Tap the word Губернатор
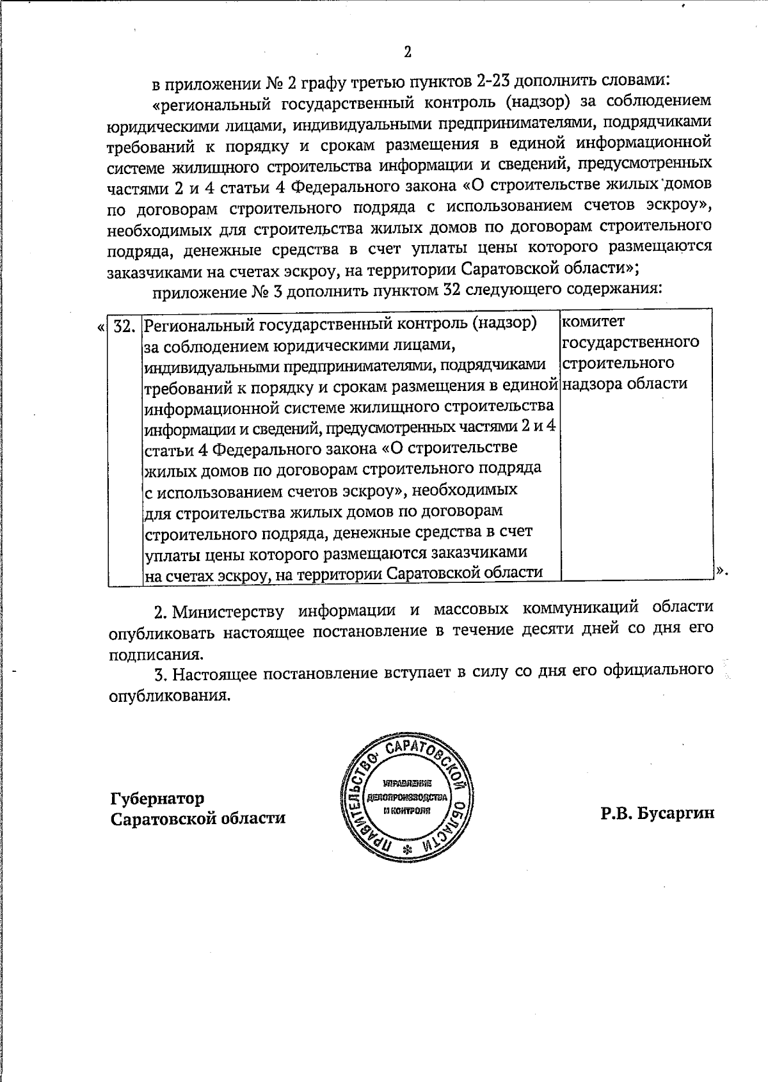click(157, 799)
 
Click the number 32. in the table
click(124, 324)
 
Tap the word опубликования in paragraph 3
click(169, 696)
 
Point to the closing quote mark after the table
click(721, 569)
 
